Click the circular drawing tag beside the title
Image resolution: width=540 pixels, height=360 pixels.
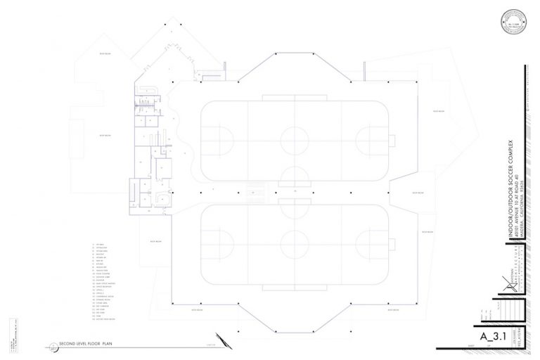(x=54, y=347)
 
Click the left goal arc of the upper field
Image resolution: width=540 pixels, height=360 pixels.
(x=226, y=136)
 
